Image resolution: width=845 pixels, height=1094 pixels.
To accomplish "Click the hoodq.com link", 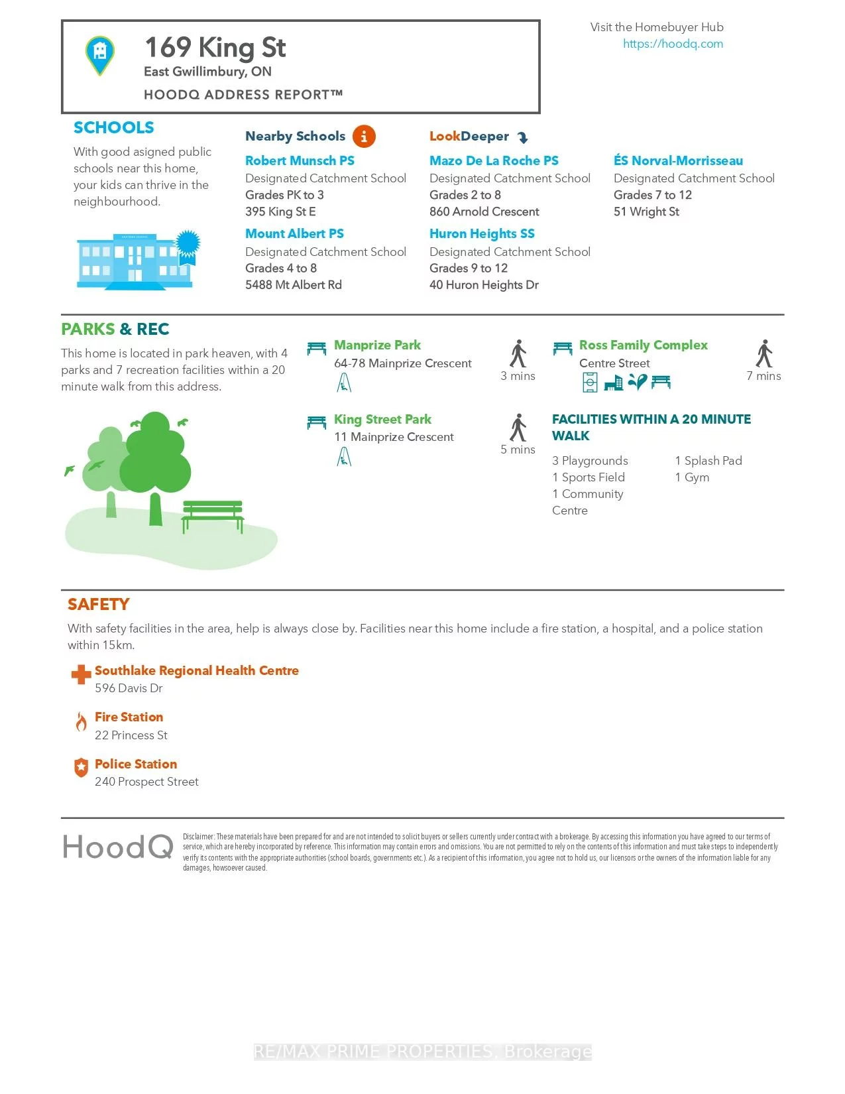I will point(673,44).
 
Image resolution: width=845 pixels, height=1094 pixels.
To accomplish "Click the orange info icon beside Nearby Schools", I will point(364,137).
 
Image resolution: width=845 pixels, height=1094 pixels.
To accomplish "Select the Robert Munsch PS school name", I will point(300,160).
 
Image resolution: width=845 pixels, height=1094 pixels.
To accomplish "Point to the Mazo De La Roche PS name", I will point(494,160).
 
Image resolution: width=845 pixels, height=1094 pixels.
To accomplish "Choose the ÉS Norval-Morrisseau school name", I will point(678,160).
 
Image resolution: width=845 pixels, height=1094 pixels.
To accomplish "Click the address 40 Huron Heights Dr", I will point(484,285).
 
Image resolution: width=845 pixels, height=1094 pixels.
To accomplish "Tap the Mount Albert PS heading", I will point(294,233).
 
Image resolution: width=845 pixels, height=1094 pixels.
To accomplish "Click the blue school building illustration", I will point(136,261).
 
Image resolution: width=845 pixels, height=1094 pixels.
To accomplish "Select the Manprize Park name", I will point(377,345).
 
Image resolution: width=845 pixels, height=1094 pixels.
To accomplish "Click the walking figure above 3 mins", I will point(518,353).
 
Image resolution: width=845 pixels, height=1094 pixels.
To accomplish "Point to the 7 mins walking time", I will point(763,376).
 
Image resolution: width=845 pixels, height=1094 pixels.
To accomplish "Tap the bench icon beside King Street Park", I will point(317,422).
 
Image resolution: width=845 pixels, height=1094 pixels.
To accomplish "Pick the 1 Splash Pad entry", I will point(708,461).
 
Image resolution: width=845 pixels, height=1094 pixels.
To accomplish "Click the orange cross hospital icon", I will point(81,674).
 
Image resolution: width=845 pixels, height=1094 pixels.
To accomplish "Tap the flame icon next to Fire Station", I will point(81,721).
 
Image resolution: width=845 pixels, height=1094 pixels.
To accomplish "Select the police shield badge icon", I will point(81,768).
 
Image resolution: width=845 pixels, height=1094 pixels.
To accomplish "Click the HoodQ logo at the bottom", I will point(118,847).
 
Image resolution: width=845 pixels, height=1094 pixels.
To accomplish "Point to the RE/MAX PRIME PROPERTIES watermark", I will point(423,1052).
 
